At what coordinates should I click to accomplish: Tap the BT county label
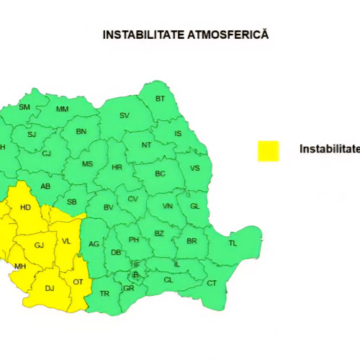[160, 98]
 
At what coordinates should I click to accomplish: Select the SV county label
[124, 115]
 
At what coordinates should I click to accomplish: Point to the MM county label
[62, 109]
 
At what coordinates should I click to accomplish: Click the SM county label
[24, 107]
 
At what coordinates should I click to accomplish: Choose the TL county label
[233, 243]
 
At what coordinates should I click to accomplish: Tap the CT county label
[212, 283]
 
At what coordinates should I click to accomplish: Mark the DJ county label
[50, 288]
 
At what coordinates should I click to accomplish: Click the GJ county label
[40, 246]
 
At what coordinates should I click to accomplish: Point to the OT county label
[78, 282]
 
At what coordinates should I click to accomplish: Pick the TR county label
[104, 293]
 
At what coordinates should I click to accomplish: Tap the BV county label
[109, 207]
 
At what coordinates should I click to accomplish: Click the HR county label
[117, 167]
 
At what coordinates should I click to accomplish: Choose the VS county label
[194, 168]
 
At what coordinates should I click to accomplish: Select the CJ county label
[46, 153]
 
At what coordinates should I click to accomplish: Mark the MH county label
[20, 266]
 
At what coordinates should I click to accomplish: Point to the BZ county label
[159, 233]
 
